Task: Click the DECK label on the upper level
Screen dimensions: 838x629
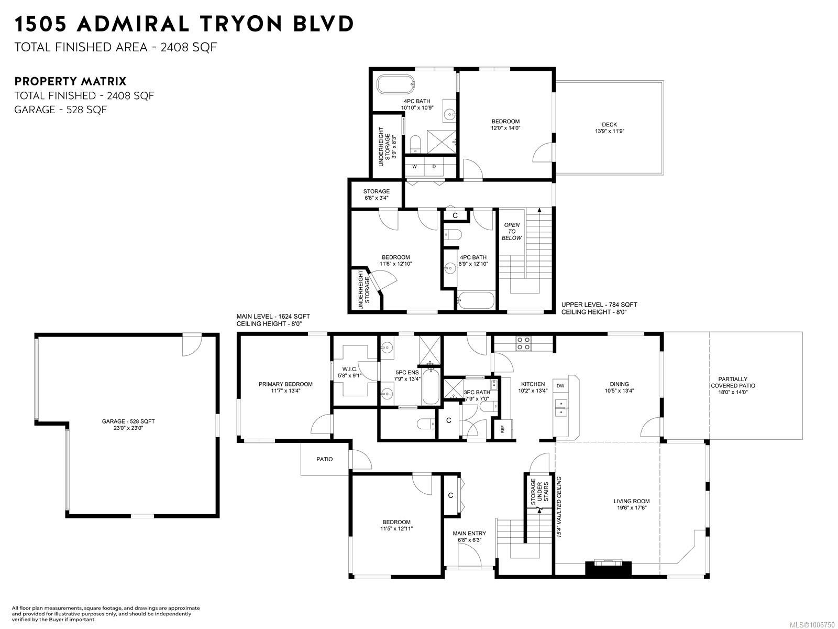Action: click(x=609, y=125)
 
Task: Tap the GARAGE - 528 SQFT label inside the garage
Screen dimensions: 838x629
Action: click(x=128, y=421)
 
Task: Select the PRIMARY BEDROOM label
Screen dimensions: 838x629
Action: click(x=285, y=384)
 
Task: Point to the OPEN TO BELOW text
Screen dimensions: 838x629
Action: click(x=511, y=232)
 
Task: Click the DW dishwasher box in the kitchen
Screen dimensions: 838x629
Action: click(x=560, y=386)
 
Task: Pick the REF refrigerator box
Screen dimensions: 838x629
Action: click(x=503, y=429)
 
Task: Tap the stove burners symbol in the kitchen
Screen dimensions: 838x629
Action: click(x=523, y=343)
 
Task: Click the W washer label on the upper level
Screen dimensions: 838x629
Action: click(x=415, y=167)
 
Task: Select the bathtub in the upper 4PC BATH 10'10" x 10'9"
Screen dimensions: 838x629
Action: click(x=395, y=84)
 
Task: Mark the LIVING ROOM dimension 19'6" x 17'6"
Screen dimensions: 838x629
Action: click(x=632, y=507)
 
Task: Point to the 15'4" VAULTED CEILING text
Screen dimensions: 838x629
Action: click(x=559, y=507)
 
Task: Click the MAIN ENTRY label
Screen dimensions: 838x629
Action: click(x=469, y=533)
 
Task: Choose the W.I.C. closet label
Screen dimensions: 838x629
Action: click(x=349, y=369)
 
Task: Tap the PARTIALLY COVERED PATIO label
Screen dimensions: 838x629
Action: click(x=733, y=382)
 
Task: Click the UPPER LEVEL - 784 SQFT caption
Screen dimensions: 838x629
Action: click(x=599, y=305)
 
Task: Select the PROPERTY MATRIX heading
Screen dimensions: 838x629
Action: click(x=70, y=81)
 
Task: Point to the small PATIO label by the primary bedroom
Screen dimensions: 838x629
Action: click(x=324, y=459)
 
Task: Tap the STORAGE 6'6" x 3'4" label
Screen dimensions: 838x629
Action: click(x=377, y=194)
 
